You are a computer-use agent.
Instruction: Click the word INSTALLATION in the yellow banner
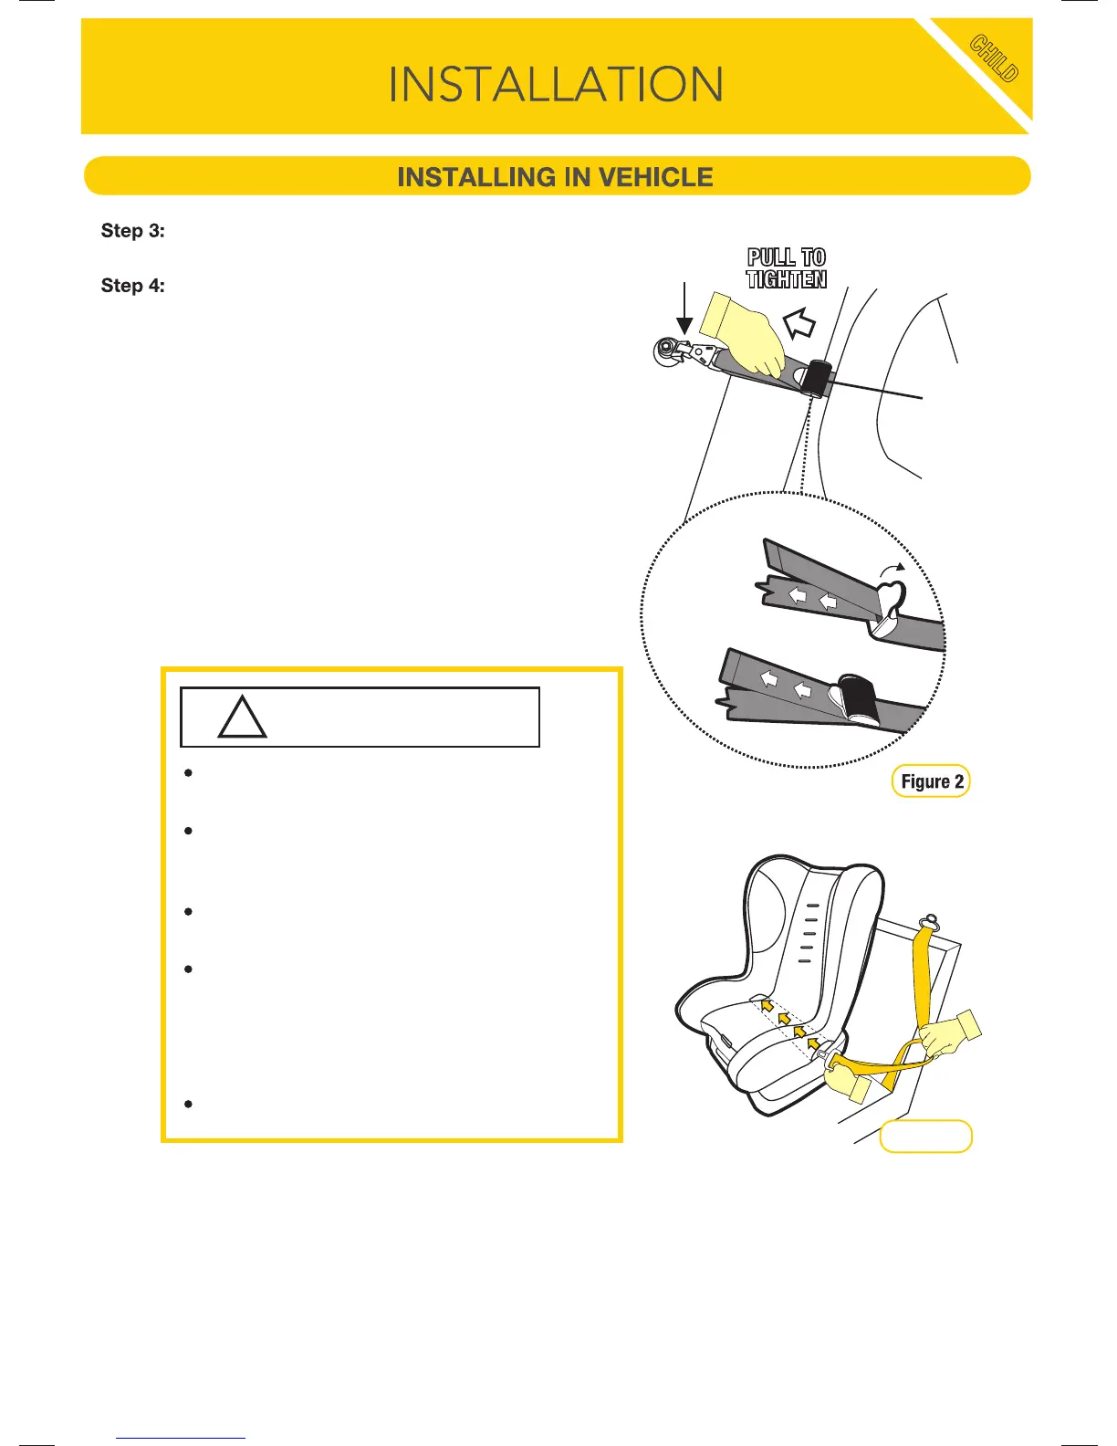click(556, 85)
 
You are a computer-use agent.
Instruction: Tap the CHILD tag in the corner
click(994, 58)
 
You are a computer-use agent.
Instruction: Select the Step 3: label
click(133, 231)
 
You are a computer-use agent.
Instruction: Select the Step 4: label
click(133, 286)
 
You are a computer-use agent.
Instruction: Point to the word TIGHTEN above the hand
click(787, 279)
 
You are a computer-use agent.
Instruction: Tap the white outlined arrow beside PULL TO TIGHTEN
click(799, 322)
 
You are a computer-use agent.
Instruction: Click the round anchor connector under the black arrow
click(669, 351)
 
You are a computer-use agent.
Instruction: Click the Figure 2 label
click(931, 781)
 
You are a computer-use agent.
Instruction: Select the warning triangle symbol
click(243, 718)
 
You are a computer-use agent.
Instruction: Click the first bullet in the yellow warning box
click(188, 773)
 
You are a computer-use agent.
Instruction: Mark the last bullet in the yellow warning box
click(188, 1105)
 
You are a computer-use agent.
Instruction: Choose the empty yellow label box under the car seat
click(925, 1137)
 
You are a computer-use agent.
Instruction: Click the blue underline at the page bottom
click(181, 1438)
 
